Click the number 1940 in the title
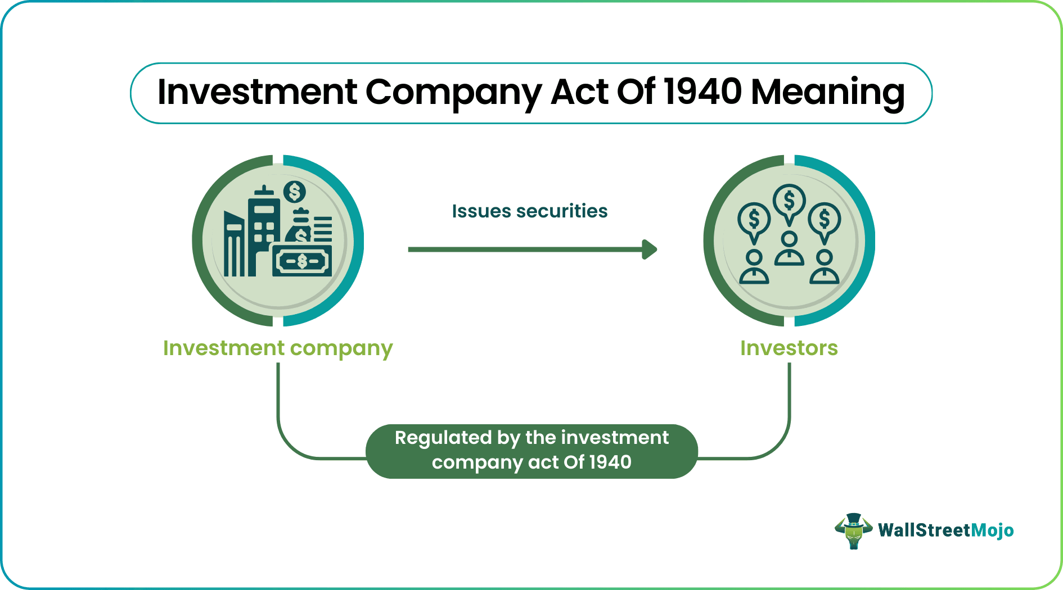point(703,92)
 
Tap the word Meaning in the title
point(827,93)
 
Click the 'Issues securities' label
point(529,211)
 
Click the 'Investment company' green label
point(278,348)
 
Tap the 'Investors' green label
point(789,348)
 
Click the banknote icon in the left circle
point(302,261)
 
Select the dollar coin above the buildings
point(294,192)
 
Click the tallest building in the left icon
point(263,230)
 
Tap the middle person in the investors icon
point(789,248)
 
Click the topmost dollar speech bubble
point(789,202)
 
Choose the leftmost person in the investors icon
point(754,267)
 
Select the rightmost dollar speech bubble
point(825,220)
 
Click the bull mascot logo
point(853,530)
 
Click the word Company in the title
point(453,93)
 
